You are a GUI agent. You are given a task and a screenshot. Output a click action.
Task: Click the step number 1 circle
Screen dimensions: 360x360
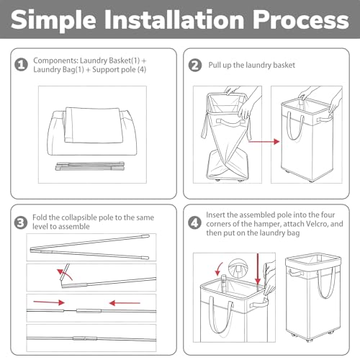[22, 65]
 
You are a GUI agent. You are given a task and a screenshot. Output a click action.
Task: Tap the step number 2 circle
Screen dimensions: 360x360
[195, 65]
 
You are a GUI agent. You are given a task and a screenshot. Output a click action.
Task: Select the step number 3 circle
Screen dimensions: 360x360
[21, 222]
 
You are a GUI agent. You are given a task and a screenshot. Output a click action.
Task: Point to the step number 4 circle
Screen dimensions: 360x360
[194, 223]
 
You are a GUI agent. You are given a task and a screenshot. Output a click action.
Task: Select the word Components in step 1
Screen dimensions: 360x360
[55, 60]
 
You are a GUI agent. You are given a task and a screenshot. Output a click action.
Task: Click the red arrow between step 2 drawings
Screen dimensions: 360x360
[264, 142]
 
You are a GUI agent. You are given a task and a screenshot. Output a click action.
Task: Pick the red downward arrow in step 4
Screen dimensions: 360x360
[258, 269]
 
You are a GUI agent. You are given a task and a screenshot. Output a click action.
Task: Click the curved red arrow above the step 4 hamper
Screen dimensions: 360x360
[219, 269]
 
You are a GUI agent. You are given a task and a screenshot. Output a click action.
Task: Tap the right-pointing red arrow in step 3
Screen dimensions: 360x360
[49, 302]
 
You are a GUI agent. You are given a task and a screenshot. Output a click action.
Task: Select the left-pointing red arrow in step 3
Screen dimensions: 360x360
[125, 303]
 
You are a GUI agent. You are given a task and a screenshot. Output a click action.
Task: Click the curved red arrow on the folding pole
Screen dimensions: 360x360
[66, 274]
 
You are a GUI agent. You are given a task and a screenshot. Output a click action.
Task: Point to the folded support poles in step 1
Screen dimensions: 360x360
[90, 166]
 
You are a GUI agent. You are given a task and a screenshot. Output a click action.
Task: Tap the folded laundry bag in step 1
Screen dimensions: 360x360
[92, 125]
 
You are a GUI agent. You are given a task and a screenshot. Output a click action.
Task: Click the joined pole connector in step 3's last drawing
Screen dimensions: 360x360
[85, 338]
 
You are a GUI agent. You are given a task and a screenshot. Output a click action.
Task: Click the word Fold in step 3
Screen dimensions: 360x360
[40, 217]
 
